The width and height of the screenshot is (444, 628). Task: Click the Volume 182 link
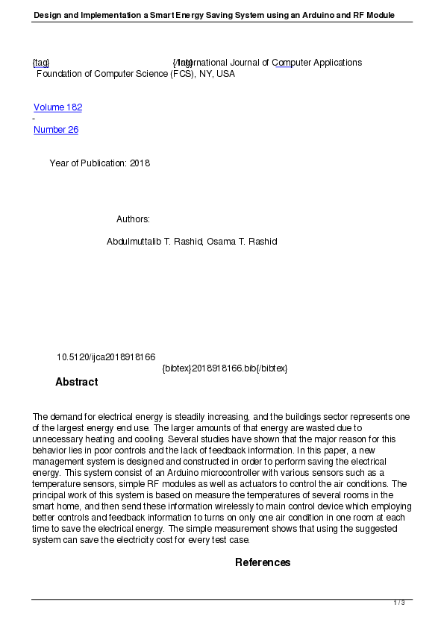click(x=57, y=107)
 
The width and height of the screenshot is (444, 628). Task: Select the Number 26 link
click(x=56, y=130)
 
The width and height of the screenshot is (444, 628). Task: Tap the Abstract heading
click(x=76, y=382)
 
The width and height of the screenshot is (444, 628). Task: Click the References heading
click(x=263, y=562)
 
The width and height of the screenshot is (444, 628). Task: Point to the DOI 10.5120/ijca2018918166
click(x=106, y=357)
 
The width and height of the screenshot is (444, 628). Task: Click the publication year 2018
click(x=140, y=163)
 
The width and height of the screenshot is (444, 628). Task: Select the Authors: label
click(x=133, y=219)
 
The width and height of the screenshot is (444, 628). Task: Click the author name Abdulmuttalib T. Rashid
click(x=154, y=242)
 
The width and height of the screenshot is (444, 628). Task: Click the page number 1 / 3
click(x=399, y=603)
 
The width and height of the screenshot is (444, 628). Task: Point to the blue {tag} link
click(x=41, y=63)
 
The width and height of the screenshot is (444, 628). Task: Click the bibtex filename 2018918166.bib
click(x=222, y=368)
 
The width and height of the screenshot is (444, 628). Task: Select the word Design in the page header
click(x=47, y=15)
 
